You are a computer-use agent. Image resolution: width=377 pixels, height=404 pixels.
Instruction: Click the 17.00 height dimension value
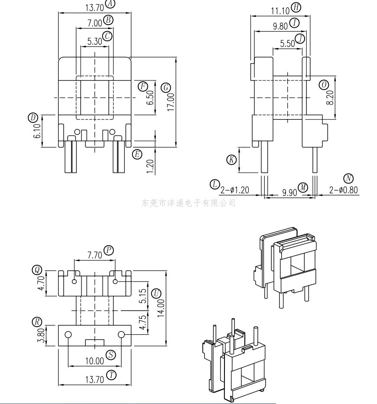click(x=171, y=102)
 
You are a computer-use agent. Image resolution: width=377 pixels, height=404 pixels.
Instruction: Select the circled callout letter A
click(x=110, y=3)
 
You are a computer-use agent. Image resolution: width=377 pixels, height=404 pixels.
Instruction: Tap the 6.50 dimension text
click(x=150, y=98)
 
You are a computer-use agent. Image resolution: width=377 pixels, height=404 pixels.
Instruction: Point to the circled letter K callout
click(x=231, y=160)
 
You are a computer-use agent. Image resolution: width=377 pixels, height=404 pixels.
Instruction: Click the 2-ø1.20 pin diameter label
click(x=235, y=190)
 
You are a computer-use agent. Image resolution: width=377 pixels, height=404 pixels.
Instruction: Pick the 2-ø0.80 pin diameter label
click(x=344, y=190)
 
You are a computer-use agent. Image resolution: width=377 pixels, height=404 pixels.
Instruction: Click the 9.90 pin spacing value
click(x=289, y=192)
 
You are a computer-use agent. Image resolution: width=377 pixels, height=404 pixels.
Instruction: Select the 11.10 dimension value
click(x=280, y=11)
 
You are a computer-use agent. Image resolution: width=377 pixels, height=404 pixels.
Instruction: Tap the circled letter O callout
click(x=324, y=84)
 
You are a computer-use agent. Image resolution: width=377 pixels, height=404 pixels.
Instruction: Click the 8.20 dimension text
click(x=330, y=98)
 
